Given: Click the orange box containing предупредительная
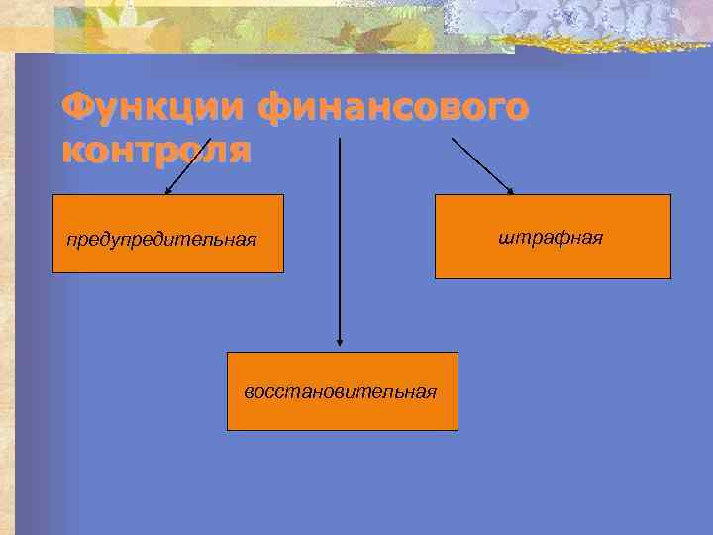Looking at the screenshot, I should coord(168,234).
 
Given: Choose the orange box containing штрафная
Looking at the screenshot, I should coord(553,237).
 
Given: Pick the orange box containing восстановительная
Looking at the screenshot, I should coord(342,390).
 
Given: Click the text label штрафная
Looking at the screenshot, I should coord(552,238).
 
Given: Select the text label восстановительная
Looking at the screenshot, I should coord(341,391).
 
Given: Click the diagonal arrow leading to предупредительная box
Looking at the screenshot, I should coord(188,164).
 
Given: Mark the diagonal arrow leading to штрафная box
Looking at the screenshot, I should coord(482,164).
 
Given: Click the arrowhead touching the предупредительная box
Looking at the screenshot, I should coord(168,190).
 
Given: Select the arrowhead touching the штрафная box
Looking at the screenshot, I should coord(510,190).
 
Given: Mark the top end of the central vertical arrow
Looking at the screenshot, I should coord(340,140).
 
